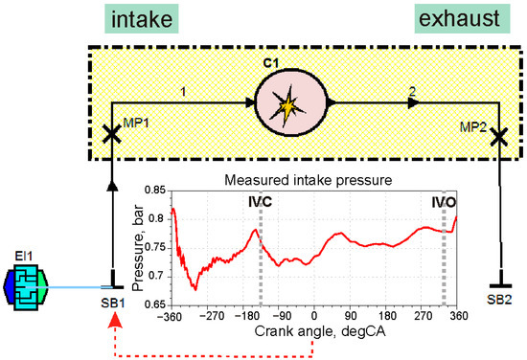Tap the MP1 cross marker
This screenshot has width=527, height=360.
click(x=111, y=136)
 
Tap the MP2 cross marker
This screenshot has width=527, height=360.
click(x=498, y=138)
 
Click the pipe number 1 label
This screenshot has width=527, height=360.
click(x=184, y=92)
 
